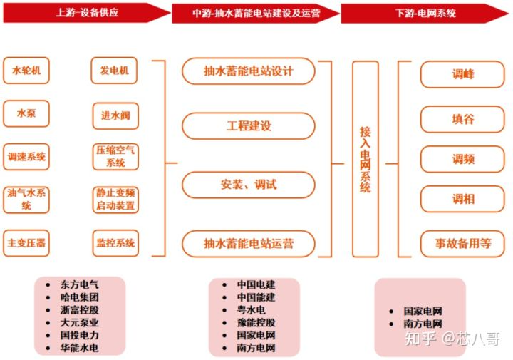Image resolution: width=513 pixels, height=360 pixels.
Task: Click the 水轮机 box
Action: pos(26,71)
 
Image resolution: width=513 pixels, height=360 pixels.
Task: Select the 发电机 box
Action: pos(114,71)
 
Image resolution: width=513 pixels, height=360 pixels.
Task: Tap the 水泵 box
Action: pos(26,113)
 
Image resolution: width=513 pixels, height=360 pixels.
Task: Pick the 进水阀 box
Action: pos(115,116)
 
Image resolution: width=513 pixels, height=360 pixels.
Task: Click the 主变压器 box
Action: pos(26,243)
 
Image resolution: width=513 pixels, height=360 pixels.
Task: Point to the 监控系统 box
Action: pos(115,243)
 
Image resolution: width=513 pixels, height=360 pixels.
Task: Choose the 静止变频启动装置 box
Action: pos(115,200)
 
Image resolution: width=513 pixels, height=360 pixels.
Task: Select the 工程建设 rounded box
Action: pos(249,126)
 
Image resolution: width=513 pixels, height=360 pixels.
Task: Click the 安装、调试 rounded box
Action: pos(249,185)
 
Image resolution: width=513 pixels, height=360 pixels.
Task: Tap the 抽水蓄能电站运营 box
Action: pos(249,244)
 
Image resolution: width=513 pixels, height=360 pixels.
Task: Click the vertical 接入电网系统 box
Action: pos(366,159)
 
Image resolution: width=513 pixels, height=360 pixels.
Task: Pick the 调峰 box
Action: pos(462,74)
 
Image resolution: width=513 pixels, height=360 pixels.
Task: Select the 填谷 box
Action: pos(462,119)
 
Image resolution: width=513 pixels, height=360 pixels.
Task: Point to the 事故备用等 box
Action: pos(462,244)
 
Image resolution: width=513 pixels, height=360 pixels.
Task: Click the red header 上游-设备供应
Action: pos(87,13)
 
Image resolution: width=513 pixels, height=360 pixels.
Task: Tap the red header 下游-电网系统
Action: pos(425,13)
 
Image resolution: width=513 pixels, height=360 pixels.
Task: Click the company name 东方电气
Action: pos(79,284)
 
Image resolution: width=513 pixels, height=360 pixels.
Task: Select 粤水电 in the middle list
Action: pos(251,309)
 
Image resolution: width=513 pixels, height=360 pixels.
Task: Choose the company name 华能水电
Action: pos(79,348)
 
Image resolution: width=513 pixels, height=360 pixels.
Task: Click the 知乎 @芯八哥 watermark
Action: pos(452,339)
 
